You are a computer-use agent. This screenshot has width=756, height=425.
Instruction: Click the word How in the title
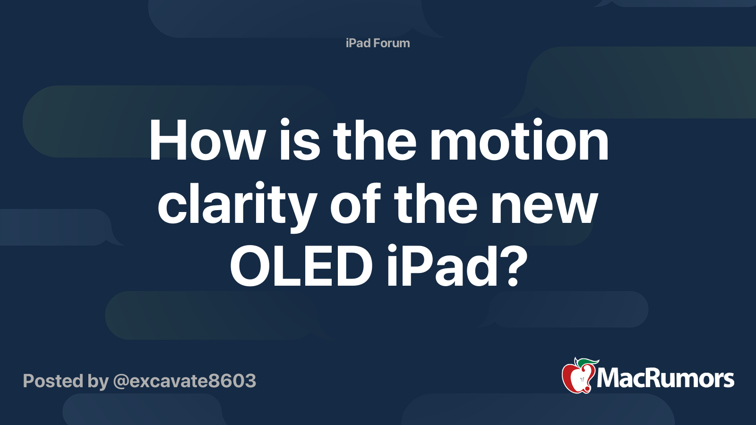point(207,141)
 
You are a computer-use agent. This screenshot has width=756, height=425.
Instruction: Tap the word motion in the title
point(519,141)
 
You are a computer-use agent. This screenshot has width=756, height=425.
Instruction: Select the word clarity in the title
point(237,205)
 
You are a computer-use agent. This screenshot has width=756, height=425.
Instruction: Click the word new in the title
point(544,205)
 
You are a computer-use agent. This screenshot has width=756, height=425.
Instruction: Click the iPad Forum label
point(378,43)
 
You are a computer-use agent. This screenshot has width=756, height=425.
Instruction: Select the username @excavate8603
point(185,381)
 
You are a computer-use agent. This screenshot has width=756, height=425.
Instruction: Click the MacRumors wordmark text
point(665,378)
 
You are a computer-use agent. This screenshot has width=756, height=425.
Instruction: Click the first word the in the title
point(375,141)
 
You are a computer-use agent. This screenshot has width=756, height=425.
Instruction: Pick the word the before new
point(436,205)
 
